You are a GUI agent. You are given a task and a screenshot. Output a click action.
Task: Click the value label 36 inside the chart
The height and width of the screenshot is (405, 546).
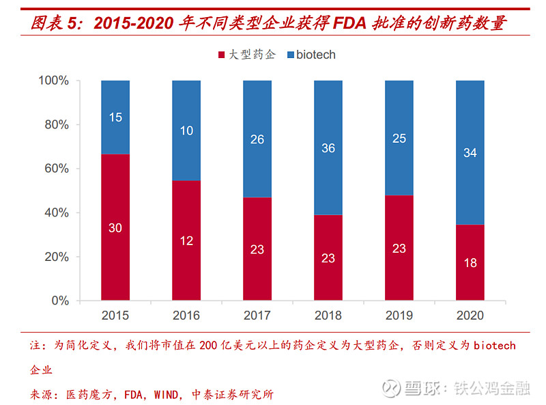(328, 148)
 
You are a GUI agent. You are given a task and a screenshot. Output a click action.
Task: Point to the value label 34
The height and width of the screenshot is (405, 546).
(470, 153)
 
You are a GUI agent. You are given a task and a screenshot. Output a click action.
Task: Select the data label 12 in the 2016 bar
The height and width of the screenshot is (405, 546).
(186, 240)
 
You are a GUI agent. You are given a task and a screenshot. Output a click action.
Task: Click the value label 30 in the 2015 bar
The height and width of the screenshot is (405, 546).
(115, 228)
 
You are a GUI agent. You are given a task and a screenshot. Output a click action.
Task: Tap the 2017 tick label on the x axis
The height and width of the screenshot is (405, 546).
(257, 316)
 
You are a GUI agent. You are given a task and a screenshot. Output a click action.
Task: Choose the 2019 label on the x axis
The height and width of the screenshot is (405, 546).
(399, 316)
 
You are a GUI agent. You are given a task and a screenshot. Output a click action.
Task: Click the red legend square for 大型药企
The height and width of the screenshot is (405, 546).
(221, 55)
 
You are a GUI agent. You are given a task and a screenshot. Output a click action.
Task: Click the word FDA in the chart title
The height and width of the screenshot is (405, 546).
(347, 23)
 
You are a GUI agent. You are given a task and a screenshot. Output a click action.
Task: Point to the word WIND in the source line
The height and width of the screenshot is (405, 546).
(167, 394)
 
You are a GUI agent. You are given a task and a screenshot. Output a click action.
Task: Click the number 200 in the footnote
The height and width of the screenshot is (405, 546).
(208, 346)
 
